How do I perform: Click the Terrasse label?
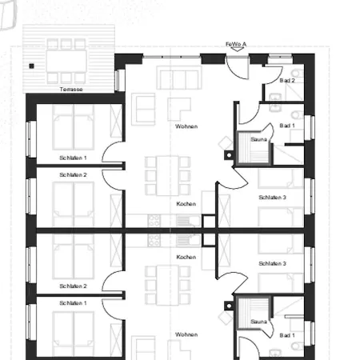pos(71,89)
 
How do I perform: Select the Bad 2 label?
pos(287,81)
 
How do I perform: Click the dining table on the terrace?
pos(67,61)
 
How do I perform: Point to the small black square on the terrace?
pos(31,66)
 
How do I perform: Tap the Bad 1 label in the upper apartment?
pos(287,126)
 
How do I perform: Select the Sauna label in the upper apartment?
pos(258,139)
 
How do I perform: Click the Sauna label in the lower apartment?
pos(258,322)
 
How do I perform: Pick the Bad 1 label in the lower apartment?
pos(287,334)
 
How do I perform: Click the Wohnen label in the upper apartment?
pos(186,126)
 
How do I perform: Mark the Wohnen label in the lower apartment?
pos(186,334)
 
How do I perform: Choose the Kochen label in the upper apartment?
pos(186,204)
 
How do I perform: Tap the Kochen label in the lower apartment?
pos(186,257)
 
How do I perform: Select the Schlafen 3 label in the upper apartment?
pos(273,197)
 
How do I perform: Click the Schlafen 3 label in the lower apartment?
pos(273,263)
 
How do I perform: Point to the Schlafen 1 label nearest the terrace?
pos(73,158)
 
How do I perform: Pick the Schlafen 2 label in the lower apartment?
pos(73,286)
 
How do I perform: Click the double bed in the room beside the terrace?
pos(72,126)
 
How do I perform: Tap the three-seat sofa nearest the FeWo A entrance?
pos(178,79)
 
